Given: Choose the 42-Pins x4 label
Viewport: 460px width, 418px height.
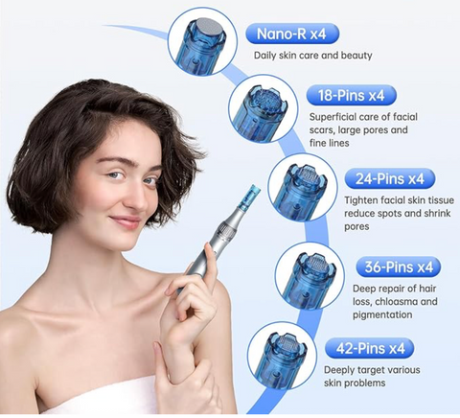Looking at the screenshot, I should point(369,348).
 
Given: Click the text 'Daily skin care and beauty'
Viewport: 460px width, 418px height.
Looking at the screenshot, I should point(313,55).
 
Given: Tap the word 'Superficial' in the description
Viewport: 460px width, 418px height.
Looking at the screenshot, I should point(334,117).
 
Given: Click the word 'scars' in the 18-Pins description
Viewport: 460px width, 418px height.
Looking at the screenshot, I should point(323,130).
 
